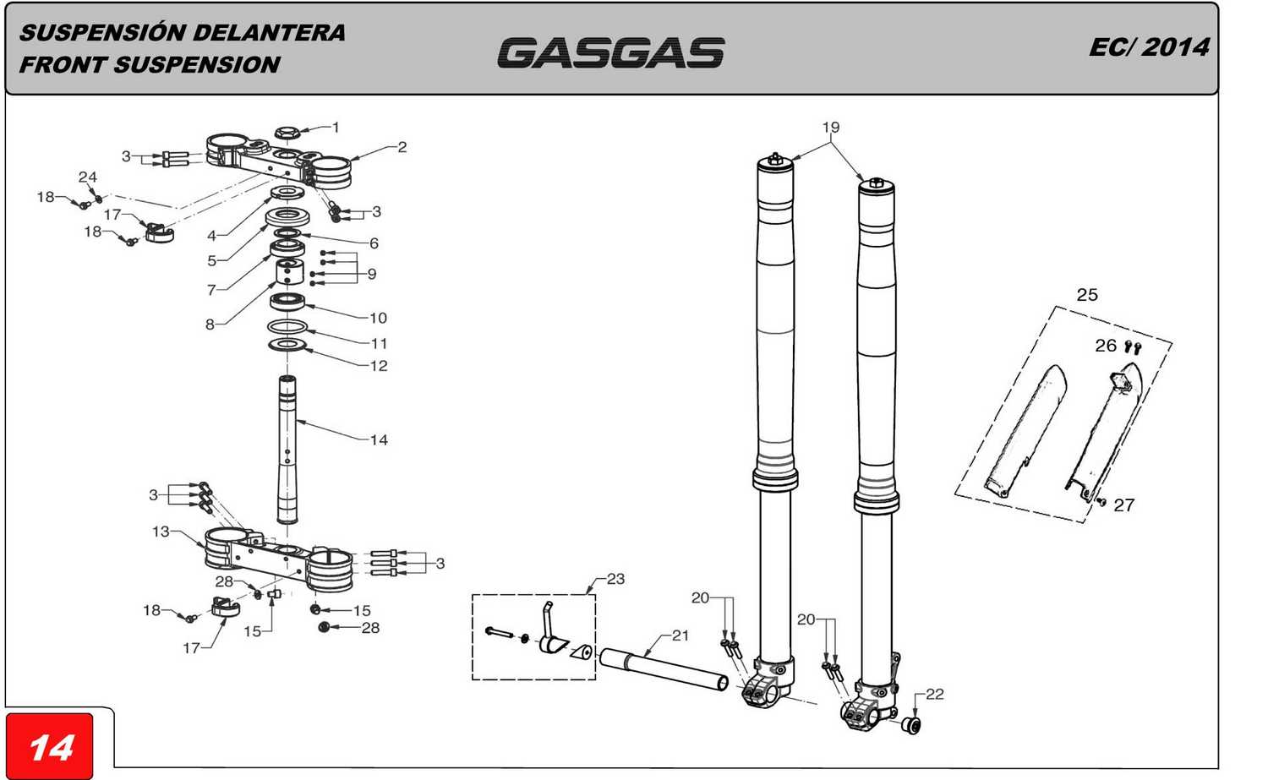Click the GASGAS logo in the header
pos(610,52)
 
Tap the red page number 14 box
pos(50,747)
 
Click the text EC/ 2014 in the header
pos(1149,47)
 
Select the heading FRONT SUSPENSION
pos(150,65)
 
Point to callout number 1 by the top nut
pos(336,128)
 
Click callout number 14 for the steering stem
pos(379,439)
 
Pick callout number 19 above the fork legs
pos(831,128)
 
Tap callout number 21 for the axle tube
pos(680,635)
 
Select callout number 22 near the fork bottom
pos(934,694)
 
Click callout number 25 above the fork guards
pos(1087,295)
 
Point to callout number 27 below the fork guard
pos(1123,505)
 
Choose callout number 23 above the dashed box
pos(615,579)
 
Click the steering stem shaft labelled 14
pos(287,448)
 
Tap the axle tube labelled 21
pos(664,668)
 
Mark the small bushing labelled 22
pos(911,726)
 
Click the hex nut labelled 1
pos(286,134)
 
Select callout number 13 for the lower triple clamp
pos(161,532)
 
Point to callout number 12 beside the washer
pos(379,366)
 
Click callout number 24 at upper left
pos(88,177)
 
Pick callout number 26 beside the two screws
pos(1106,346)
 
